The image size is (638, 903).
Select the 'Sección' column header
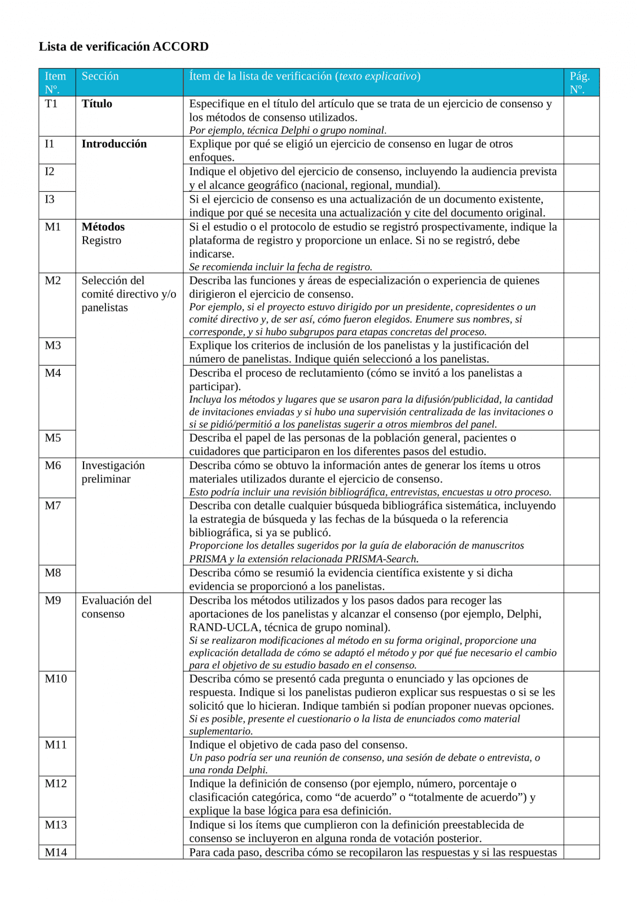[x=100, y=76]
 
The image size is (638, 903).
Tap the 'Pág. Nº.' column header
[x=579, y=82]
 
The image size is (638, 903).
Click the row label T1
[x=51, y=104]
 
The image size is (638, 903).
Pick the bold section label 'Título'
[x=96, y=104]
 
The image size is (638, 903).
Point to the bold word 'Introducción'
[x=114, y=144]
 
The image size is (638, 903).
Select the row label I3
[x=50, y=199]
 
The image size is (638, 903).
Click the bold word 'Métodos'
[x=103, y=227]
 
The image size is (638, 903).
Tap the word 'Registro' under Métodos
[x=101, y=240]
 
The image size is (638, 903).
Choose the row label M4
[x=52, y=373]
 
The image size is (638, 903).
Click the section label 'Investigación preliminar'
[x=113, y=472]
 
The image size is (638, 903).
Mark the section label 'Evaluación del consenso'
[x=116, y=607]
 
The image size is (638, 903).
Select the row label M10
[x=55, y=679]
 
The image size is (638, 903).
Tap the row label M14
[x=55, y=852]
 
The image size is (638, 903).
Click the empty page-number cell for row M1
[x=581, y=246]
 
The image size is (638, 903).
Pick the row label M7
[x=52, y=506]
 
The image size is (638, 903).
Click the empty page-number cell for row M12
[x=581, y=796]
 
